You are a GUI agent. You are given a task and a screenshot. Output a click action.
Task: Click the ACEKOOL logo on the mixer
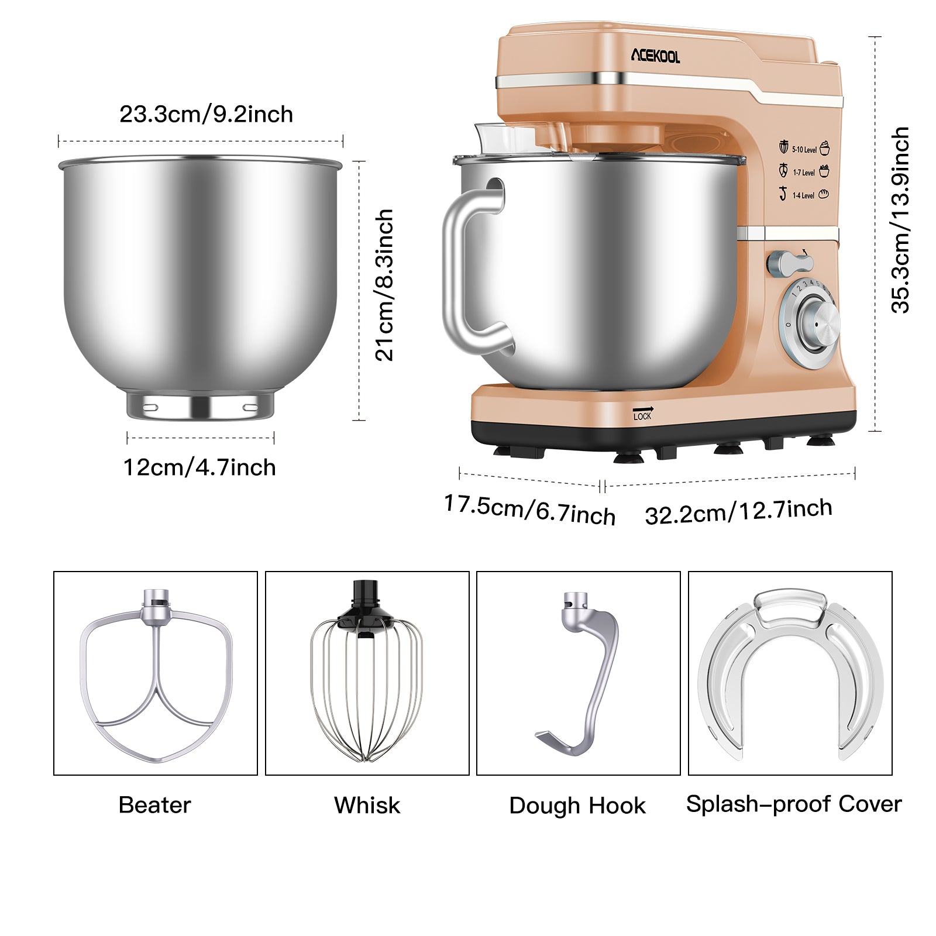[x=655, y=56]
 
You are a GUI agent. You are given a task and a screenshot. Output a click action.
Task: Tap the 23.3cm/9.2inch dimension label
[x=206, y=114]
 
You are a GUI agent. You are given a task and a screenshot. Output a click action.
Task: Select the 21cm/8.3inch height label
[x=384, y=285]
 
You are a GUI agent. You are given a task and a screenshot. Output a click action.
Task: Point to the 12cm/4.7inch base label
[x=199, y=467]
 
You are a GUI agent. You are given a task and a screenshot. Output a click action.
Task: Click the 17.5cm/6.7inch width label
[x=529, y=510]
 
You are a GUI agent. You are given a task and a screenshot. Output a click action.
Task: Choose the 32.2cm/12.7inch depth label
[x=738, y=511]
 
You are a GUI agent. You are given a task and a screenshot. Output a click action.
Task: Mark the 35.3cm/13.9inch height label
[x=900, y=220]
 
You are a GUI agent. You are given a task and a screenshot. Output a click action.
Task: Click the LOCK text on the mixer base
[x=642, y=416]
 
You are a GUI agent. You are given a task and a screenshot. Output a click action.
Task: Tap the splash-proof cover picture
[x=790, y=673]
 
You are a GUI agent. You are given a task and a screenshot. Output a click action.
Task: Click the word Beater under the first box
[x=154, y=805]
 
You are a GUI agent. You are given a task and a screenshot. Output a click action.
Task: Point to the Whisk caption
[x=367, y=805]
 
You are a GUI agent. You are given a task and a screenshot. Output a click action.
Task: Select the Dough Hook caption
[x=577, y=806]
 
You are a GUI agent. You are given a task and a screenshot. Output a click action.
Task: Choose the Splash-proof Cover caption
[x=793, y=804]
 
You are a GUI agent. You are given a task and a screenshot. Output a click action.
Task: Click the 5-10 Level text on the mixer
[x=804, y=150]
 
